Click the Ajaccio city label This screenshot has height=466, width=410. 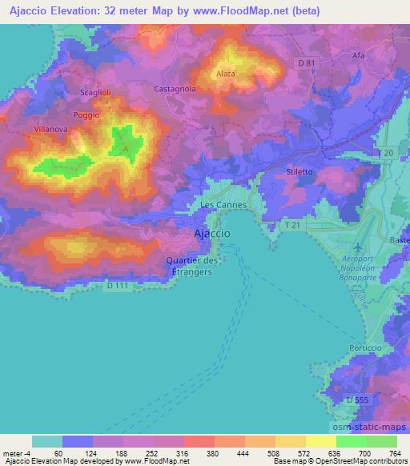212,233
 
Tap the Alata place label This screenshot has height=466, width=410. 225,74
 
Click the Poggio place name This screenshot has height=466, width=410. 86,114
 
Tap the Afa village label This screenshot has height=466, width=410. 358,55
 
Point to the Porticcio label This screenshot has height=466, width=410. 368,348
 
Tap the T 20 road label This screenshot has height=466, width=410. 384,152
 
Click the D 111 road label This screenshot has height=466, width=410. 118,285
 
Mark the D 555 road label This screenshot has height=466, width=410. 357,399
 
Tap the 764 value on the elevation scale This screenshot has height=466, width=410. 395,452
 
